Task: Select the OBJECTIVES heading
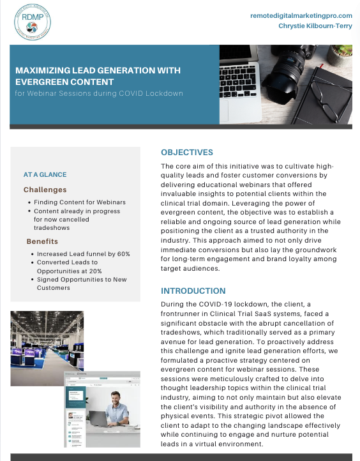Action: (x=187, y=153)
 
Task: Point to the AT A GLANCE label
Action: (x=45, y=174)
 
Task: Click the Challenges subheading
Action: (x=45, y=190)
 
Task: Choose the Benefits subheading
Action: (x=42, y=241)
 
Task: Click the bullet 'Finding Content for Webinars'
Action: (x=89, y=202)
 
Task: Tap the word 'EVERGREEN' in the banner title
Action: (x=43, y=82)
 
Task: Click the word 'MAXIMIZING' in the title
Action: (x=44, y=71)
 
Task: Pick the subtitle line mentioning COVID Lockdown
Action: (x=100, y=94)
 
